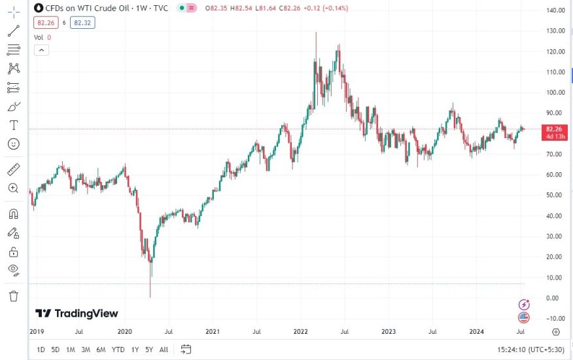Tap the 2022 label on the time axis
pos(302,332)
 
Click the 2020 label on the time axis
pos(125,332)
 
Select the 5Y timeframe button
pos(149,350)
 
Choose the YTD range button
pos(118,350)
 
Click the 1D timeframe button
pos(41,350)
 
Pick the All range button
pos(164,350)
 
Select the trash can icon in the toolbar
pos(14,296)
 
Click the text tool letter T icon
pos(14,124)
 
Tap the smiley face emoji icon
pos(14,143)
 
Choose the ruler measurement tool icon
pos(14,170)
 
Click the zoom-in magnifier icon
pos(14,189)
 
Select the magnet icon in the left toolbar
pos(14,214)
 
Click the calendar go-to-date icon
pos(186,350)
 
